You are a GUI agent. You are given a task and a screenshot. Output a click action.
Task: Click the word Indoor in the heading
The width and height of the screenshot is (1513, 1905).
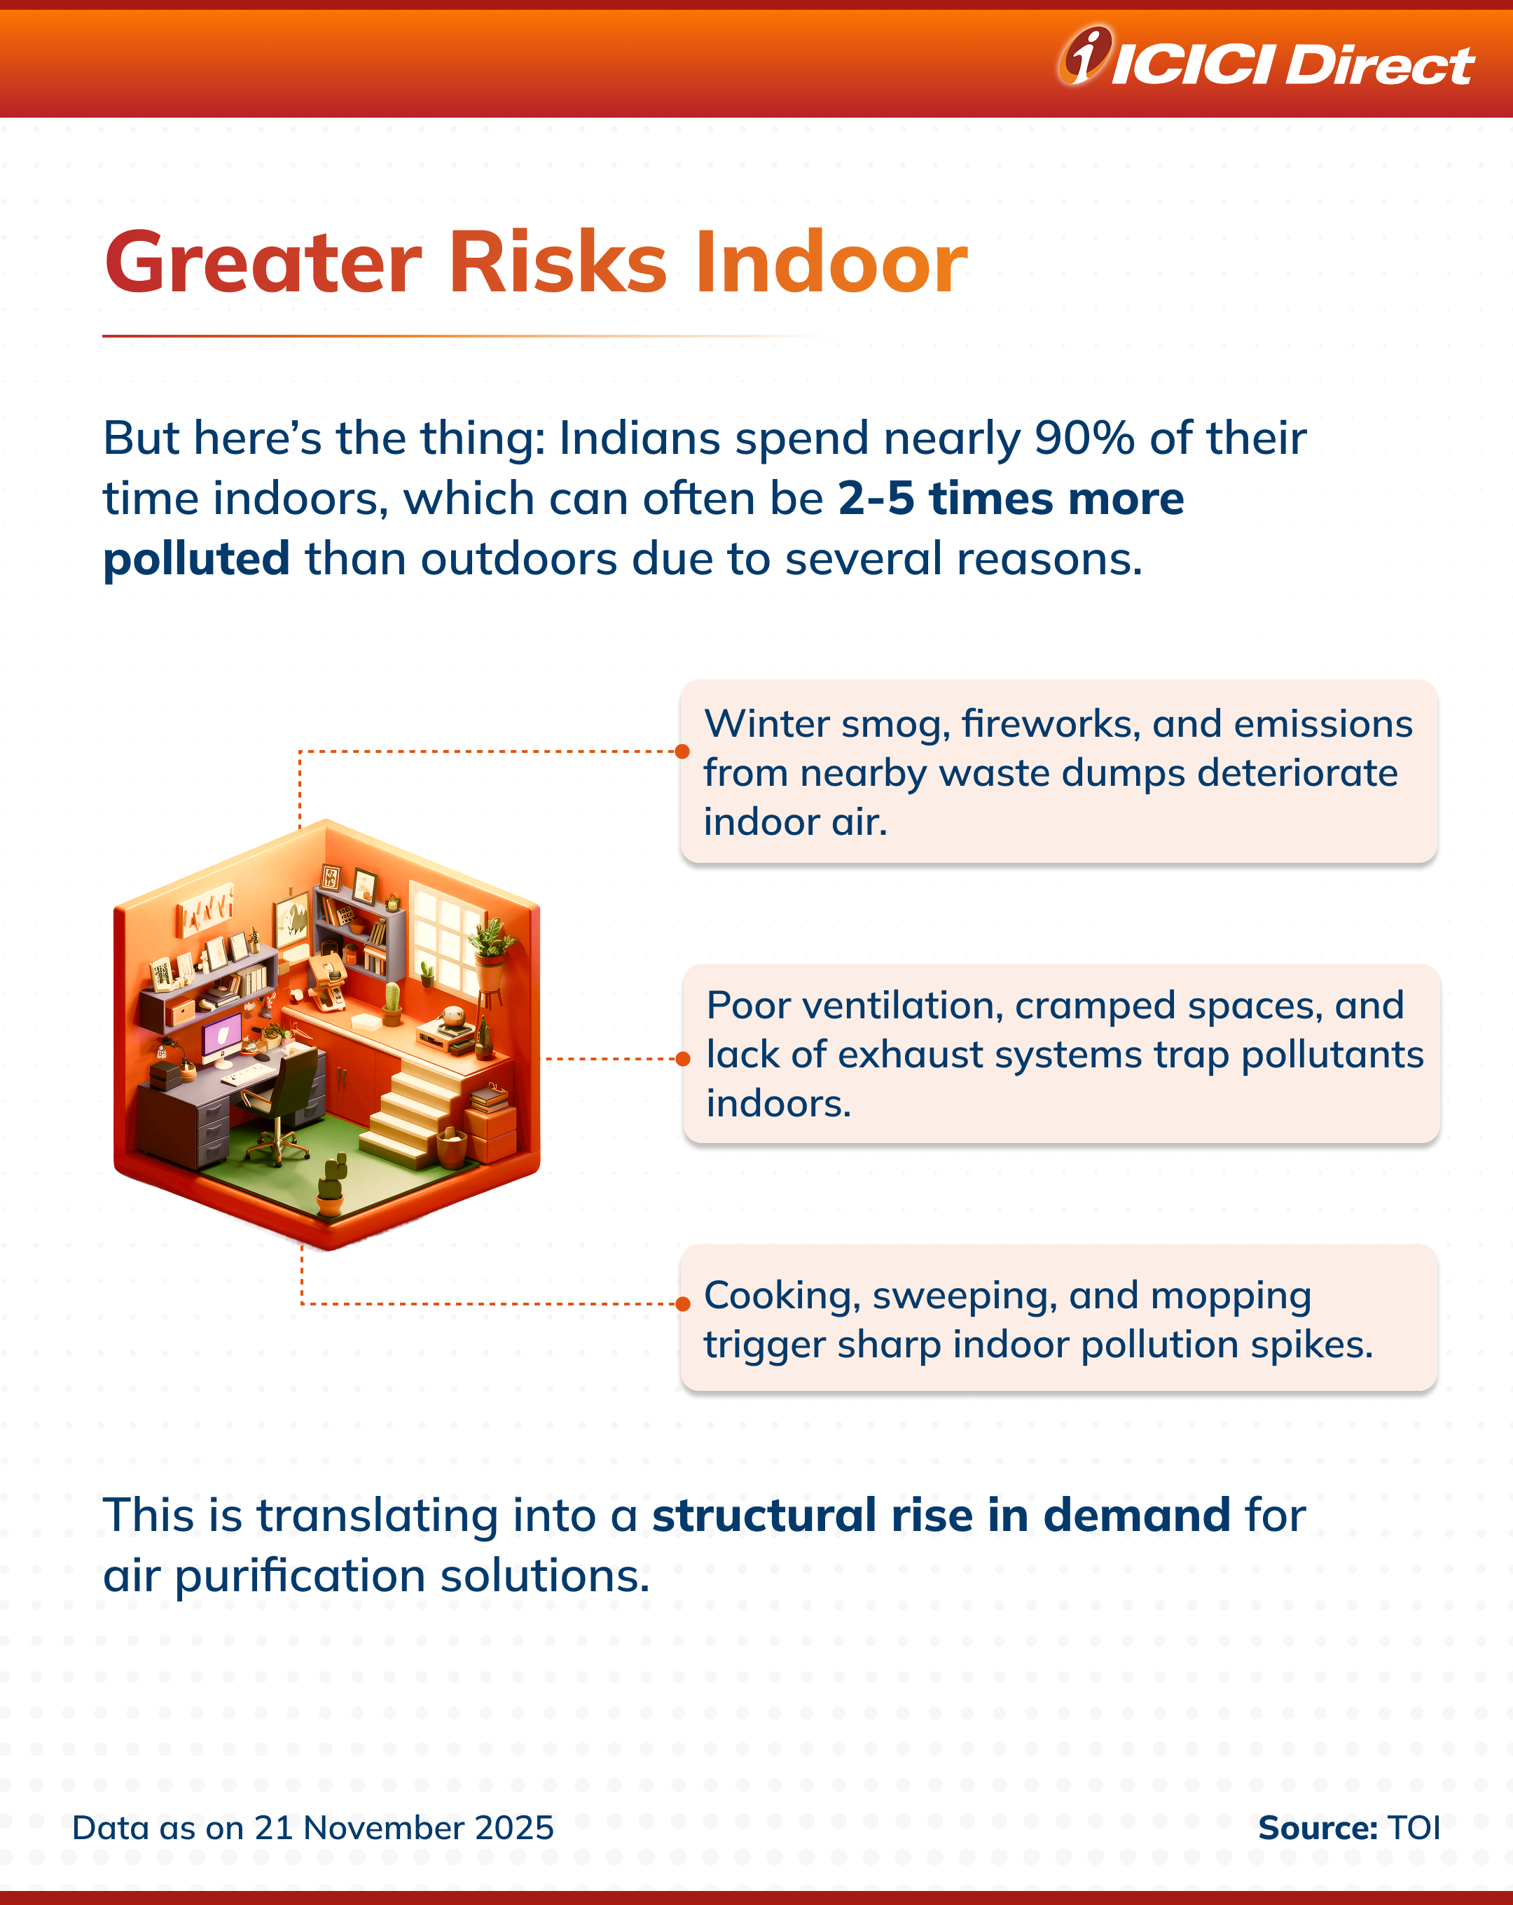(831, 263)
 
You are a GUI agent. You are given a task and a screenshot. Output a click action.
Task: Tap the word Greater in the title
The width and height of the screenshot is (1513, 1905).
(263, 263)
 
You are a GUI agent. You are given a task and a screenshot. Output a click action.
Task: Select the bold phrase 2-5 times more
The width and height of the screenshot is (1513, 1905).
(1011, 499)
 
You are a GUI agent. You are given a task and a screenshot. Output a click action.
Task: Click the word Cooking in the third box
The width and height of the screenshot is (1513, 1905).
(782, 1296)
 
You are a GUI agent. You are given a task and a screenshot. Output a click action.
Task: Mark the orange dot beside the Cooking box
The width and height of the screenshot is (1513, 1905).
(682, 1304)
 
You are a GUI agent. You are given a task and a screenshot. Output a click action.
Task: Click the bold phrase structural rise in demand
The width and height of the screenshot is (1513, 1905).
(941, 1516)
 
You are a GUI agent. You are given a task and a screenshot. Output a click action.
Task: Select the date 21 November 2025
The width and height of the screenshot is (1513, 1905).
(404, 1827)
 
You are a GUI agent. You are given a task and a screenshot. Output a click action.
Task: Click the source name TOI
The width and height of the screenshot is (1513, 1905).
(1414, 1827)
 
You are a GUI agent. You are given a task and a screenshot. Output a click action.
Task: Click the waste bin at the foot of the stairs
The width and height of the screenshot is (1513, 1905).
(452, 1149)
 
